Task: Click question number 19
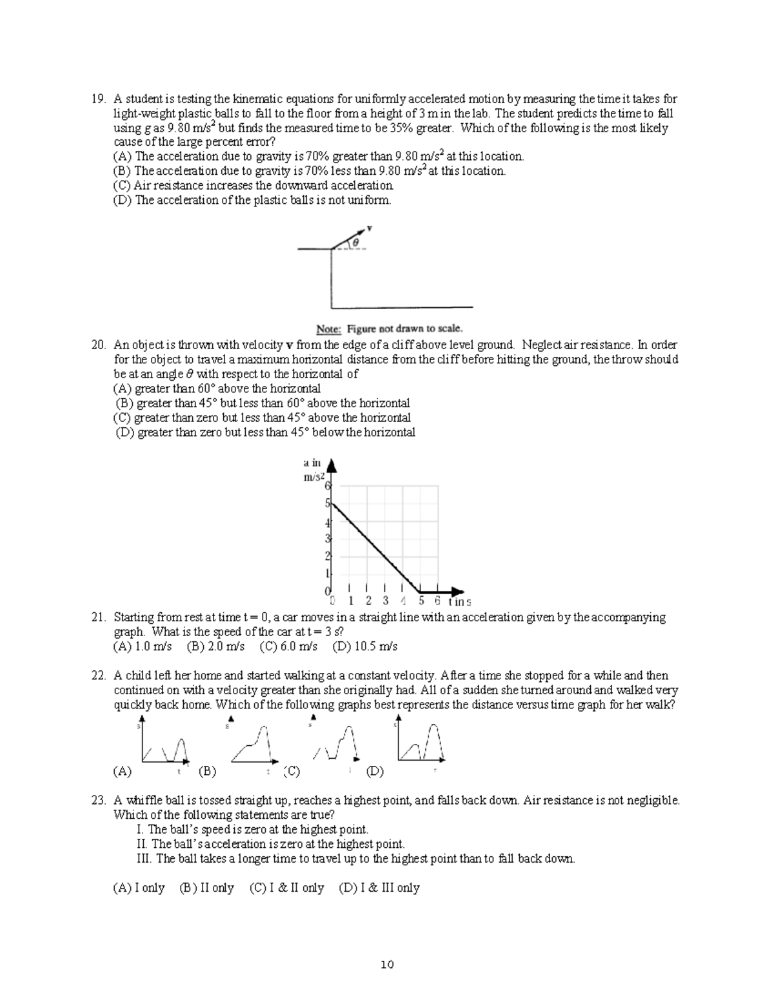[97, 99]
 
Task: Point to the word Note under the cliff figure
[329, 328]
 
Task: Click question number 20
[97, 345]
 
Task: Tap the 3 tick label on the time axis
[386, 601]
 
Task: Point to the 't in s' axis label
[459, 602]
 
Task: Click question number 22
[97, 676]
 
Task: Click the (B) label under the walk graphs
[207, 771]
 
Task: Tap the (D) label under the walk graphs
[374, 771]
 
